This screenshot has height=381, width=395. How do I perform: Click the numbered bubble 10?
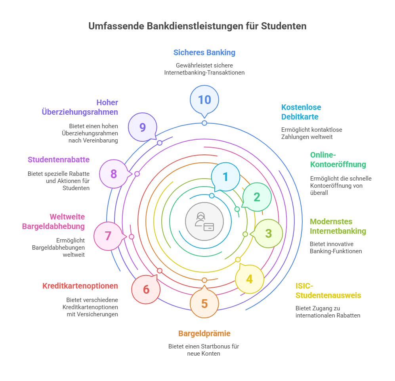(x=204, y=99)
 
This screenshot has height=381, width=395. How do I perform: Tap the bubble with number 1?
(x=225, y=177)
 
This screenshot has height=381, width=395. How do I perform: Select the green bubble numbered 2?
(x=257, y=197)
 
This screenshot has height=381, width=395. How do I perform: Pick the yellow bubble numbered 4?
(x=249, y=279)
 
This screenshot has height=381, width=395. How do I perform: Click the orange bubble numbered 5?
(x=204, y=304)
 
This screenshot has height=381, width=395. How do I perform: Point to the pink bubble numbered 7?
(x=108, y=236)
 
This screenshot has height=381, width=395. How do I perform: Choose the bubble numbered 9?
(x=143, y=127)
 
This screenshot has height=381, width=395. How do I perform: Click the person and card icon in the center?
(x=204, y=221)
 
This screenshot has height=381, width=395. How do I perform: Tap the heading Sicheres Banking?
(x=204, y=52)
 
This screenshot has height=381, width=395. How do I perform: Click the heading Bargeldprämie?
(x=204, y=333)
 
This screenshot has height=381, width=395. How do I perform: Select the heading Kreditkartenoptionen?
(x=80, y=286)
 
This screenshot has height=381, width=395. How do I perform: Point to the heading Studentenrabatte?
(x=59, y=160)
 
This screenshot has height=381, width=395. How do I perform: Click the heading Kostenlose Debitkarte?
(x=301, y=112)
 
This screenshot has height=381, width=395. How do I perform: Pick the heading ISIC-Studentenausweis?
(x=328, y=291)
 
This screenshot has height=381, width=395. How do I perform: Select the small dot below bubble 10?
(x=204, y=123)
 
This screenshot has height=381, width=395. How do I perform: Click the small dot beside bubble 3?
(x=245, y=234)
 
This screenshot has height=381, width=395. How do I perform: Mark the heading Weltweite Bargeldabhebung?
(x=53, y=221)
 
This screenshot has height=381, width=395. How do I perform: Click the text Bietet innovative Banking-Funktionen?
(x=336, y=247)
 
